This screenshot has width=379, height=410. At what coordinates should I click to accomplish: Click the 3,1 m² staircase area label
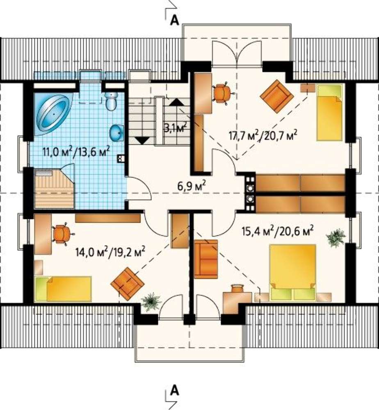point(176,127)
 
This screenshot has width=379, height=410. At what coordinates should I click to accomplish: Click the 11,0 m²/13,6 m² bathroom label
point(75,151)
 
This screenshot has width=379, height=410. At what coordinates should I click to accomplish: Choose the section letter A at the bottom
point(174,391)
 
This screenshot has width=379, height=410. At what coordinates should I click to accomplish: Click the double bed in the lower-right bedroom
point(293,272)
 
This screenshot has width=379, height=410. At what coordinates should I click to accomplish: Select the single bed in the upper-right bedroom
point(329,112)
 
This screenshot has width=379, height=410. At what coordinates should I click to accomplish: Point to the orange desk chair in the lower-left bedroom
point(62,234)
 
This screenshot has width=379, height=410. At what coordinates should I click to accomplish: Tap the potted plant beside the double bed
point(336,238)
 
